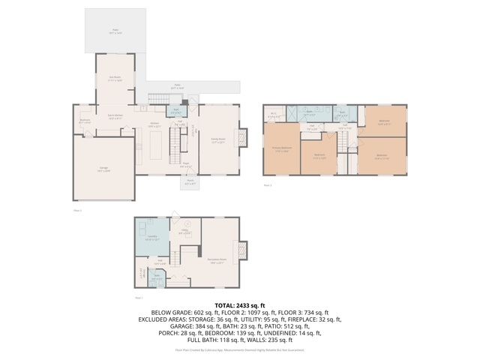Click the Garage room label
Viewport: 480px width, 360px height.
click(103, 169)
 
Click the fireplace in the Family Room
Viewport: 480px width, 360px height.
click(241, 139)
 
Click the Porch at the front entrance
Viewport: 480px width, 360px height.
click(190, 182)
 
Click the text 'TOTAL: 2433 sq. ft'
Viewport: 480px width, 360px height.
click(239, 306)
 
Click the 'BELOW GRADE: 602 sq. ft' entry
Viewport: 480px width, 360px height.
click(181, 312)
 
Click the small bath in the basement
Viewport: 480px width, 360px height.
click(157, 277)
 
